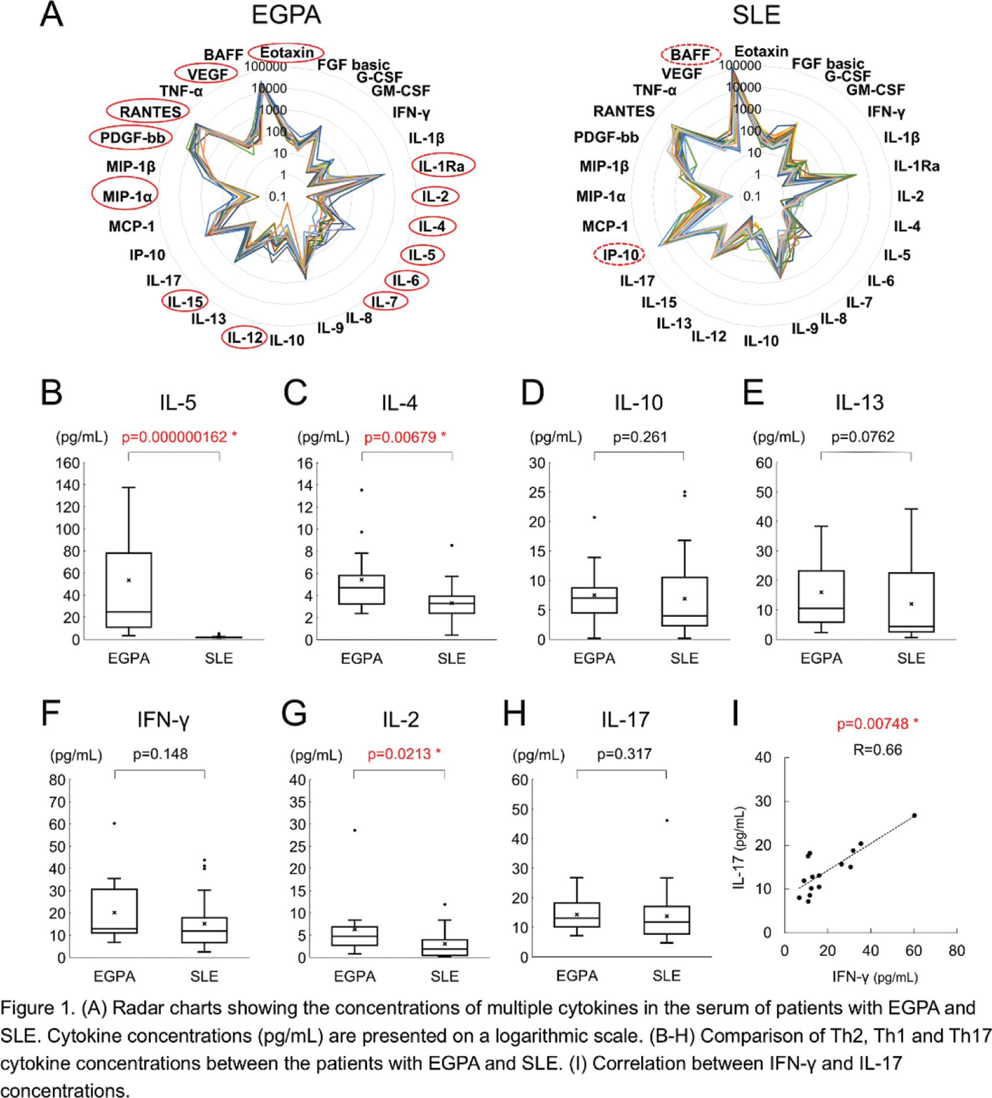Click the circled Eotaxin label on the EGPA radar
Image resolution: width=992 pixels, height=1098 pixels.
[287, 53]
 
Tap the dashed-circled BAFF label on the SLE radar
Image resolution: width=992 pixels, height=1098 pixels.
[690, 55]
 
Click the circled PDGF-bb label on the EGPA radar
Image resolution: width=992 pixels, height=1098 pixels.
[131, 138]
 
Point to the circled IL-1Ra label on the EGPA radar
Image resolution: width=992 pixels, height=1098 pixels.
[443, 165]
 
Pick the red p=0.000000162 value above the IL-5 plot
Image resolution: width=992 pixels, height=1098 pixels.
[175, 437]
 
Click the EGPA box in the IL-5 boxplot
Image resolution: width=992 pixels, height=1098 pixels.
[128, 590]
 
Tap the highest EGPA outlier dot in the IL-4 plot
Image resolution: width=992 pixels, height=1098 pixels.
[362, 490]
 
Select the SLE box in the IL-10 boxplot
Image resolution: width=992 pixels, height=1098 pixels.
[684, 601]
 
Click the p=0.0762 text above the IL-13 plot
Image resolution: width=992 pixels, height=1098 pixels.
[863, 437]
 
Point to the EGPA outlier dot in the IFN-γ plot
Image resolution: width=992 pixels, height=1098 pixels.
[115, 824]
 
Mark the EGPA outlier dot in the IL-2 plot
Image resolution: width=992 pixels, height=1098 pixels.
[355, 830]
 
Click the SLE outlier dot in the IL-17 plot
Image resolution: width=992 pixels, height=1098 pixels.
[667, 820]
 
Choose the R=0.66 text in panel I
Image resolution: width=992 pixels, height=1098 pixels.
[877, 750]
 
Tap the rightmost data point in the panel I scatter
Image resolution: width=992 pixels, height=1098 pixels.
[915, 815]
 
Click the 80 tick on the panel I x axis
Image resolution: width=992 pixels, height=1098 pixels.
[957, 950]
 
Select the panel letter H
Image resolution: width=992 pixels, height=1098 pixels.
[514, 714]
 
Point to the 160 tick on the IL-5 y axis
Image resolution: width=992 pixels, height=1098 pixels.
[68, 464]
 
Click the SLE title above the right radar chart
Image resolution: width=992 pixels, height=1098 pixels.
[756, 15]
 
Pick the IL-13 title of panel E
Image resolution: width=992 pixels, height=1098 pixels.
[859, 402]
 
